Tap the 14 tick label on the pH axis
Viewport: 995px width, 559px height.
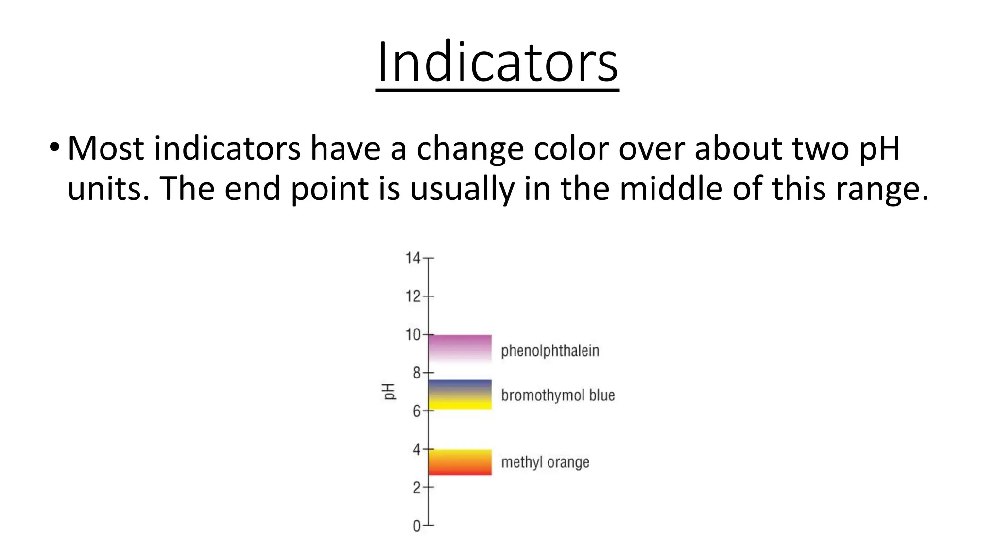413,258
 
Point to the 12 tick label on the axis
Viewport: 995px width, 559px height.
413,296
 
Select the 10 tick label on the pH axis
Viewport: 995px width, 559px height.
413,334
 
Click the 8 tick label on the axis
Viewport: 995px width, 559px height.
417,373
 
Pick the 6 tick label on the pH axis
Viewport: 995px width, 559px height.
417,411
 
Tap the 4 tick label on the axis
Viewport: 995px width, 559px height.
417,449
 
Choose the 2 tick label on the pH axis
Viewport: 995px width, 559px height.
417,487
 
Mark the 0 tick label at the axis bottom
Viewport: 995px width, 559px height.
417,526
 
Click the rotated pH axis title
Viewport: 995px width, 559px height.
388,392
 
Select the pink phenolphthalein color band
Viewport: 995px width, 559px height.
460,348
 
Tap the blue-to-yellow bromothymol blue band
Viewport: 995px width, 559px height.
460,395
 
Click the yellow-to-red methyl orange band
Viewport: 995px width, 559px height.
460,462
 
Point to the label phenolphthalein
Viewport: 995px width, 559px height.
550,351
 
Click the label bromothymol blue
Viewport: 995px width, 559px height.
558,395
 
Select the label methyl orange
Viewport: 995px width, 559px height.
545,462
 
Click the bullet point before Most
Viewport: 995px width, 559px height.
54,148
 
